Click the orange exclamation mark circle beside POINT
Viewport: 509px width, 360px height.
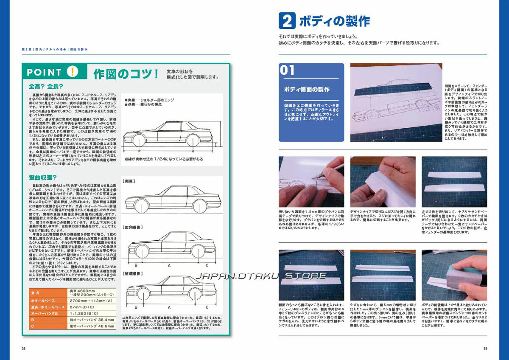tap(73, 72)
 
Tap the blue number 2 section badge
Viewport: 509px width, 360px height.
tap(286, 21)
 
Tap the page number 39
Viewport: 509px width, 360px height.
tap(485, 349)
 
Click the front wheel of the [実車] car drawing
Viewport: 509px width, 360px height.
tap(140, 206)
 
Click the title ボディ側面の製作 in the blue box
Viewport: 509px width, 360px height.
tap(306, 90)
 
